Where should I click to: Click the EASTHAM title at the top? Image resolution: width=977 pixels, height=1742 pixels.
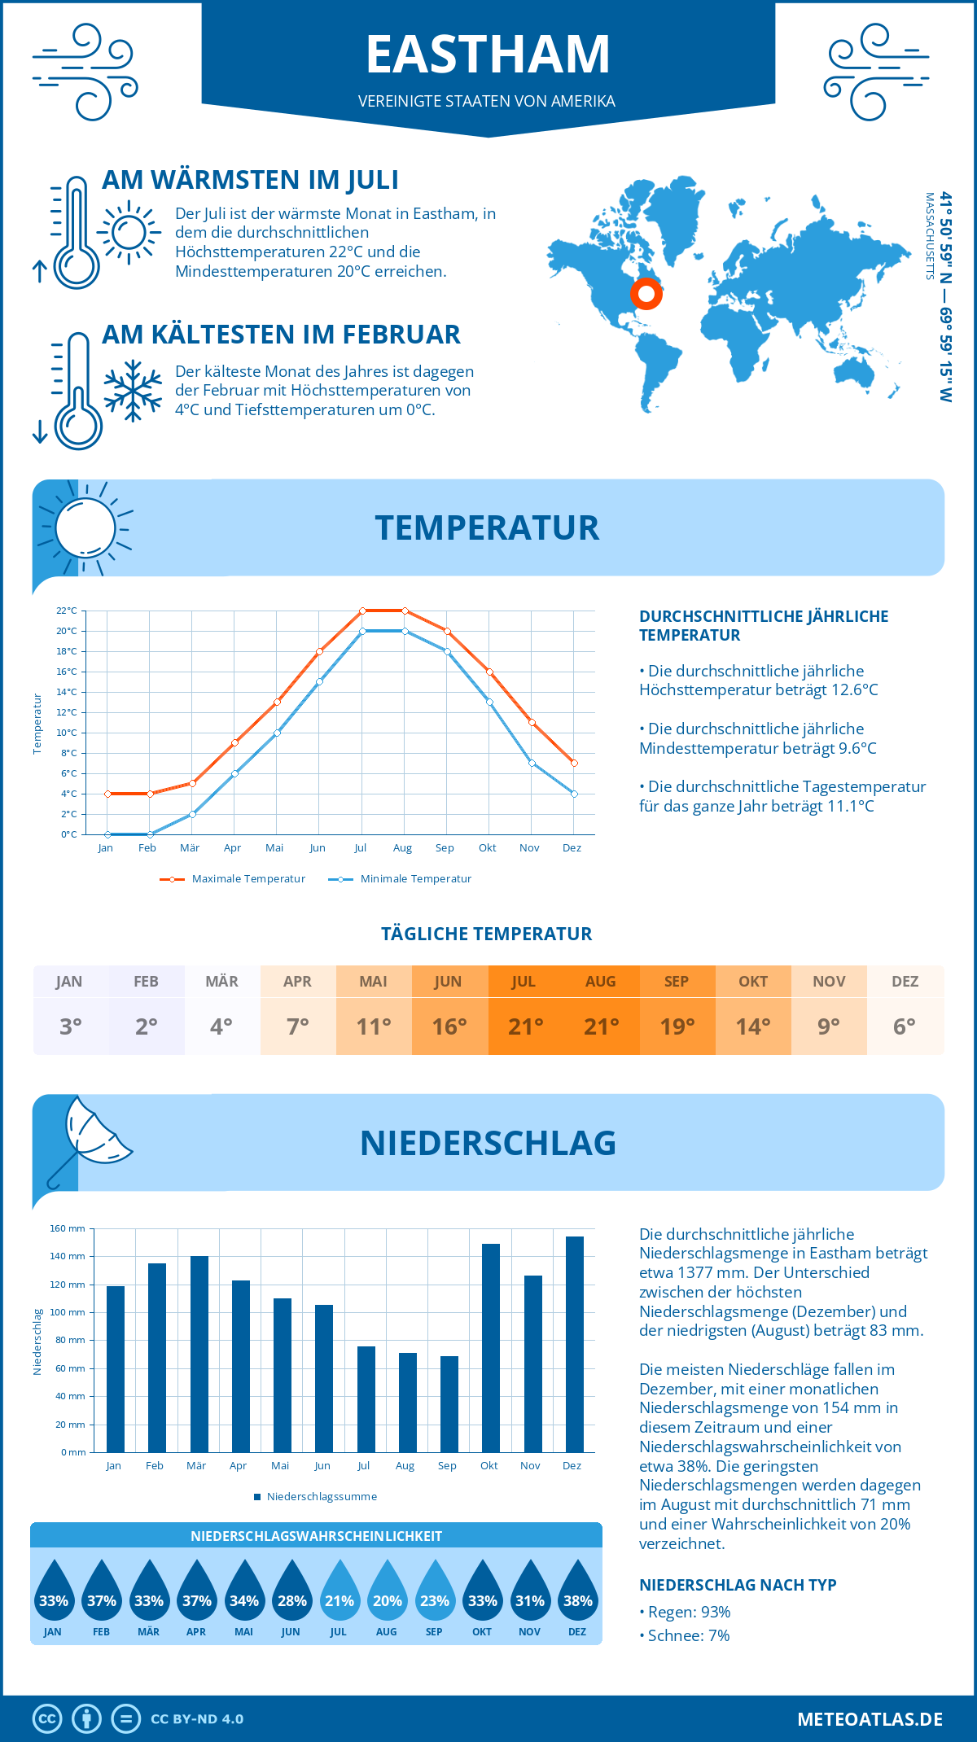(x=488, y=55)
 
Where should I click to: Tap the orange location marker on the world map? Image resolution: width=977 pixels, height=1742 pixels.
(x=646, y=293)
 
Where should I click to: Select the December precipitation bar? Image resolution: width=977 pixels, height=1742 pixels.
(x=574, y=1344)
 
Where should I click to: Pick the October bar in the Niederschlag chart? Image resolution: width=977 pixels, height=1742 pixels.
(x=490, y=1347)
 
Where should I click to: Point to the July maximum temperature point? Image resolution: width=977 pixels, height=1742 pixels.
(x=362, y=611)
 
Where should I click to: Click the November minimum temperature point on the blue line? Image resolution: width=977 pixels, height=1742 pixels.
(x=532, y=763)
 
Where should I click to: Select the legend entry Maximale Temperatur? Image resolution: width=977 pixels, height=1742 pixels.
(x=233, y=879)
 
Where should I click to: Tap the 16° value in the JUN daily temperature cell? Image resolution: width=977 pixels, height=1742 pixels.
(x=449, y=1026)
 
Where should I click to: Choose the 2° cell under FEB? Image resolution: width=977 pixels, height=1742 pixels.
(x=147, y=1026)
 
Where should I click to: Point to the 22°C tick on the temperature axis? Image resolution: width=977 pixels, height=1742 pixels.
(x=67, y=611)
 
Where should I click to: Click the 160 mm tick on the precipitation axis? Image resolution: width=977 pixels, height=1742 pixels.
(x=68, y=1228)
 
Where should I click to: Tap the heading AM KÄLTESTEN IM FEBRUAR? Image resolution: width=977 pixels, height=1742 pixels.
(x=281, y=335)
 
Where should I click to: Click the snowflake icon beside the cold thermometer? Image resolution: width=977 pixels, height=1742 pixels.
(x=133, y=391)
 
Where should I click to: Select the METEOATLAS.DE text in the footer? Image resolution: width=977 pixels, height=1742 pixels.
(x=870, y=1719)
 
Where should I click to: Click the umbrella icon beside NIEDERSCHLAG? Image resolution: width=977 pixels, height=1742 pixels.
(x=90, y=1137)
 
